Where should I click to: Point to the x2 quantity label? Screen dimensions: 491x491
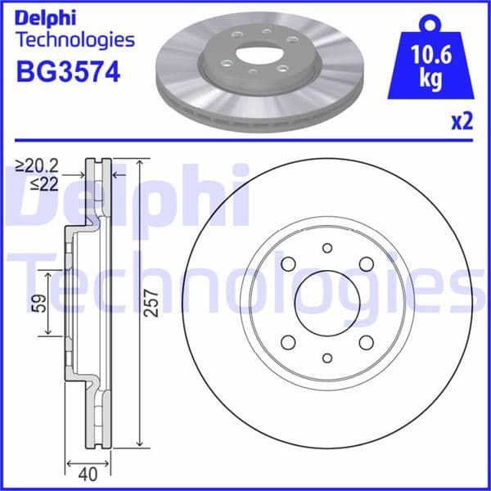pyautogui.click(x=462, y=122)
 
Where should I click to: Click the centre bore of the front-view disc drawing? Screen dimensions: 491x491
pyautogui.click(x=327, y=303)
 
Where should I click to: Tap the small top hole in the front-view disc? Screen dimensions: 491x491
pyautogui.click(x=327, y=248)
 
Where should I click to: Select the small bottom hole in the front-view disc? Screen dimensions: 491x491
pyautogui.click(x=327, y=358)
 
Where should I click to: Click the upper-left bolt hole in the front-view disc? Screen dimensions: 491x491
pyautogui.click(x=287, y=264)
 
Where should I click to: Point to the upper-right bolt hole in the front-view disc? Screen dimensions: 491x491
pyautogui.click(x=366, y=264)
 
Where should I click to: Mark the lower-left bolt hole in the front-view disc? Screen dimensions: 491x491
pyautogui.click(x=287, y=341)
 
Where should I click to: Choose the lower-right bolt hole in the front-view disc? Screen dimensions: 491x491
pyautogui.click(x=366, y=341)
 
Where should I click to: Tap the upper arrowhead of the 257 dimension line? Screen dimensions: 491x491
pyautogui.click(x=141, y=162)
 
